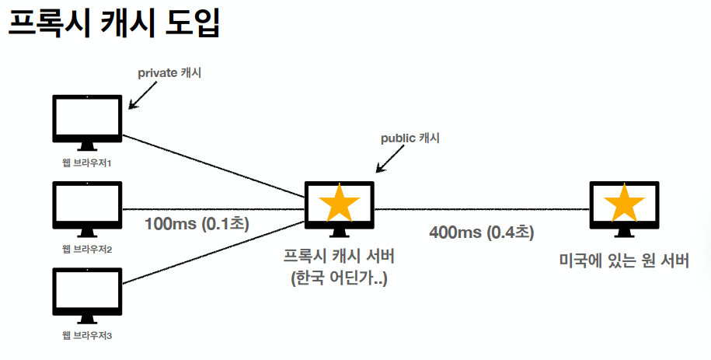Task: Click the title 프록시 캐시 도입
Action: coord(114,25)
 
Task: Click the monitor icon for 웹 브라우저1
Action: coord(87,121)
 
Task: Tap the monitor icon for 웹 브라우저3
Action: coord(87,294)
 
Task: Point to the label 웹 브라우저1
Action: coord(87,163)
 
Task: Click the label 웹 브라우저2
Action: coord(87,250)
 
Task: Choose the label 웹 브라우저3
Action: coord(87,336)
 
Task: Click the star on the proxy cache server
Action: coord(340,203)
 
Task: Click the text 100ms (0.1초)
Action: coord(196,224)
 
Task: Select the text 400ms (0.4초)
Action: coord(482,232)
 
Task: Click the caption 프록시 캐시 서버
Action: coord(340,256)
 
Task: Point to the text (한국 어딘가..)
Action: coord(340,277)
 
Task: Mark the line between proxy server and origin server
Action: coord(482,209)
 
